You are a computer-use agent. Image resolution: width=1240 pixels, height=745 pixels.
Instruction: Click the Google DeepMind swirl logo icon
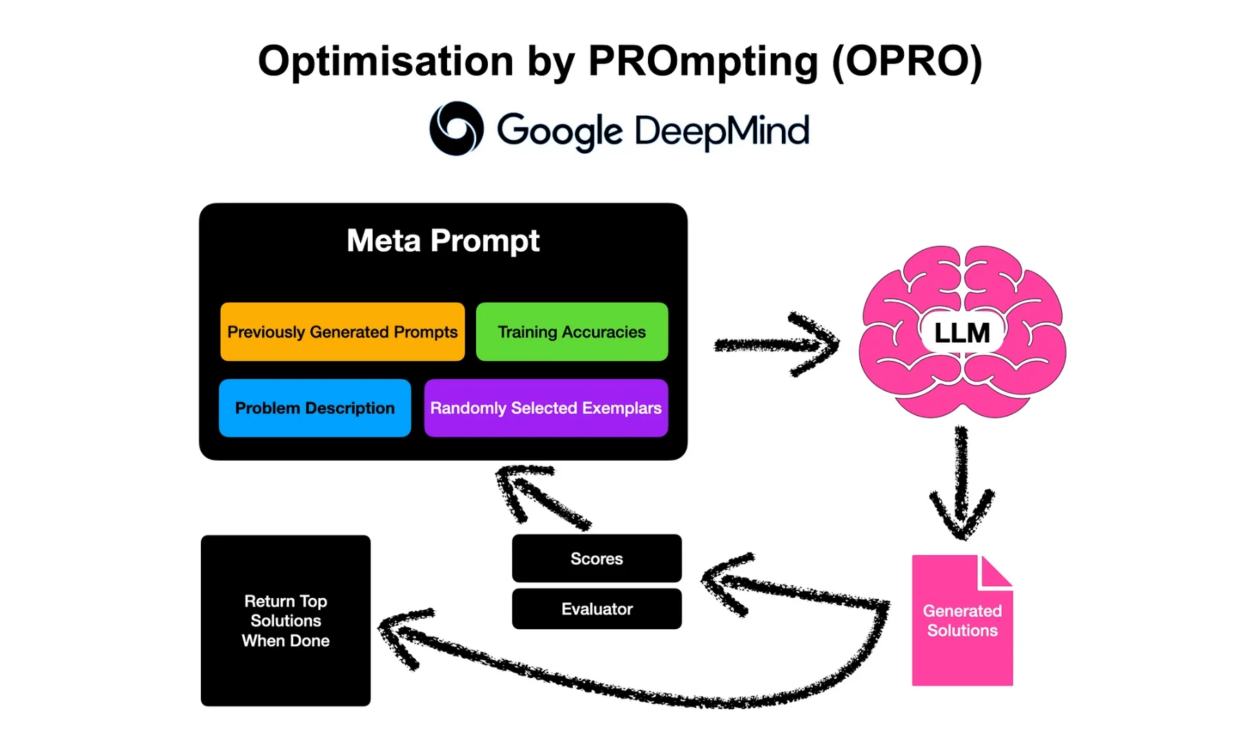coord(456,129)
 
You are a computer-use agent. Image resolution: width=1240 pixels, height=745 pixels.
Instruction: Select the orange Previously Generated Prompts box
coord(342,332)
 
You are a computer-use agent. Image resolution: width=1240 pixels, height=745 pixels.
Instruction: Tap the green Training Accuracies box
coord(571,332)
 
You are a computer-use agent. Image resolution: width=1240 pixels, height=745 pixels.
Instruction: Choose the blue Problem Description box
coord(315,408)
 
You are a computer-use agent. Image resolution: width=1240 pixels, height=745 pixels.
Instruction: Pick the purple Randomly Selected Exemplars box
coord(546,408)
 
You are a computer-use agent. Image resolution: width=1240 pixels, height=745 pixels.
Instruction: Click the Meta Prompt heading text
coord(442,241)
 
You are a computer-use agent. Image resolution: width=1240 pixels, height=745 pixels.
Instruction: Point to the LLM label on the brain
coord(961,333)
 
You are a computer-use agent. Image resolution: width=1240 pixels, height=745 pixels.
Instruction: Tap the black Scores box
coord(596,558)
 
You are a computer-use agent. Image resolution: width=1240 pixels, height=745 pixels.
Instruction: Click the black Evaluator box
coord(596,608)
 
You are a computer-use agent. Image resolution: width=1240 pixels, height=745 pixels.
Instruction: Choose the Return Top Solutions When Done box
coord(285,620)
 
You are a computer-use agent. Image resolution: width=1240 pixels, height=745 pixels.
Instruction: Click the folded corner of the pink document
coord(995,573)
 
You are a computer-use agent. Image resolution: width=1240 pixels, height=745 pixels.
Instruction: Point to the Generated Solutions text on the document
coord(962,620)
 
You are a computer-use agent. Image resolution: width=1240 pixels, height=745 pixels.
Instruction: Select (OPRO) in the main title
coord(906,61)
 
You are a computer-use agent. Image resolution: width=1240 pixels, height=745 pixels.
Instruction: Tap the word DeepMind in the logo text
coord(721,131)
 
